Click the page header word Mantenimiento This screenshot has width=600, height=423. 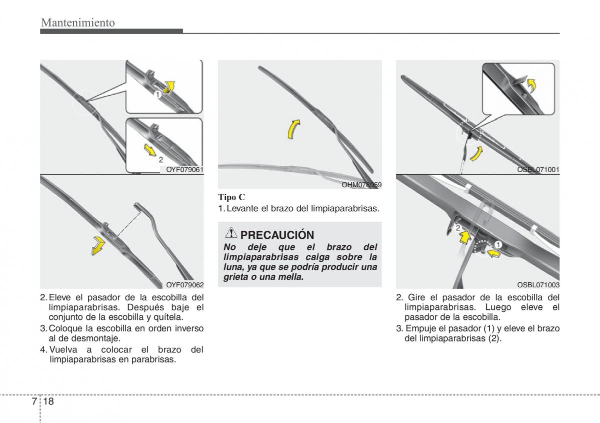[x=78, y=23]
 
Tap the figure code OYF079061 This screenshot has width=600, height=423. [x=184, y=170]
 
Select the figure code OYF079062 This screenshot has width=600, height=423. [x=184, y=285]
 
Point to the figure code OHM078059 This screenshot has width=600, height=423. [x=361, y=185]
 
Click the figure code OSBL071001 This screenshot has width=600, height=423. [x=538, y=170]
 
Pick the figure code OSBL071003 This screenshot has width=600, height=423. [x=538, y=285]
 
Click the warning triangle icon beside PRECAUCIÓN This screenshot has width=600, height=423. [x=231, y=233]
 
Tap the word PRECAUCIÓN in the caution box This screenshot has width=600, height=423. [x=277, y=235]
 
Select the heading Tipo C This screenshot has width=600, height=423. [x=231, y=197]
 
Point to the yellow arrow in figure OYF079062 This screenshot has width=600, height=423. [x=98, y=245]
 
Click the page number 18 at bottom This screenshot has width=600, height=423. [x=48, y=401]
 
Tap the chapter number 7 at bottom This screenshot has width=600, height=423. [x=33, y=401]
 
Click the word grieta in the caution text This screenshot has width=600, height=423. [x=235, y=276]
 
